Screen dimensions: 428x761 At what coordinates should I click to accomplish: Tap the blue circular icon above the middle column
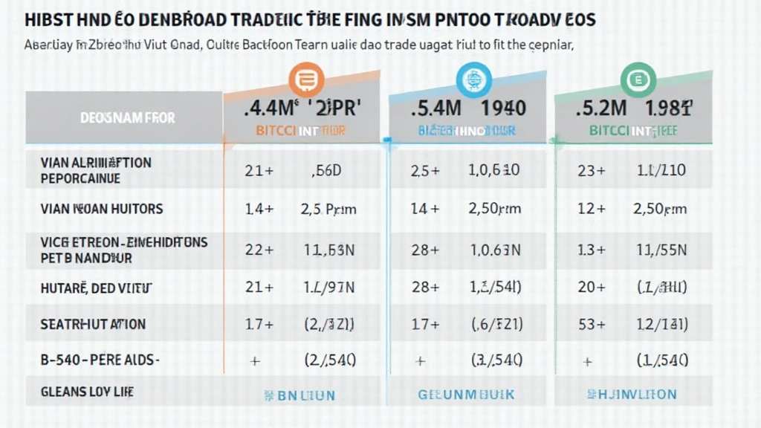pos(470,78)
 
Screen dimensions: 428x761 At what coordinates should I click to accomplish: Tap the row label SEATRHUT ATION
pos(93,324)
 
